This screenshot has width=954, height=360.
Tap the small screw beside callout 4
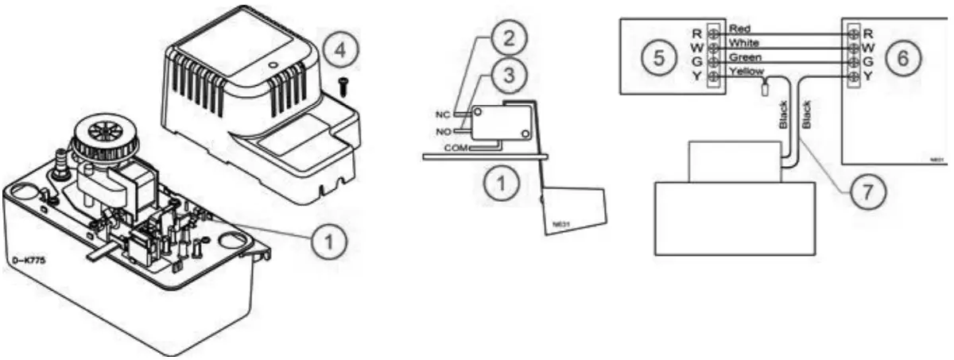(343, 87)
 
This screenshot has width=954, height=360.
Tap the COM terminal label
(456, 148)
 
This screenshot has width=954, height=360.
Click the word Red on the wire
(739, 29)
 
